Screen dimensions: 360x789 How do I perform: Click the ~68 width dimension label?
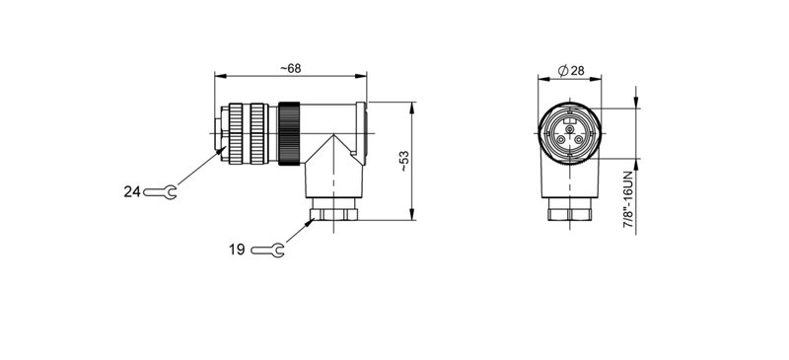(290, 67)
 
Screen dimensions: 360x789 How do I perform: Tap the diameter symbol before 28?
(561, 70)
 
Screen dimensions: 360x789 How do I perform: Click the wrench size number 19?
(237, 251)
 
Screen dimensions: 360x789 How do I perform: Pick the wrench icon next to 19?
(267, 252)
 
